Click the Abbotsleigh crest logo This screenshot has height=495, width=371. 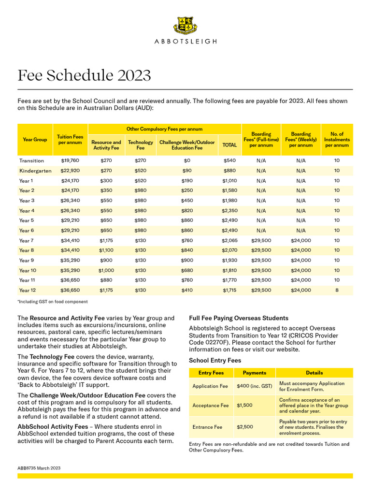coord(185,25)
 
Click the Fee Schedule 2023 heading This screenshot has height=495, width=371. coord(84,75)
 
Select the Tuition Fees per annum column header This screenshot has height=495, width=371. coord(70,140)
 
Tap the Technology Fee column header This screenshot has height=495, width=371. coord(140,145)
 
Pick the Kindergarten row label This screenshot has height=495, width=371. coord(36,171)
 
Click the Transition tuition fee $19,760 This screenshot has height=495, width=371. coord(70,160)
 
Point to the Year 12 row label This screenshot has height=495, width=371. coord(27,291)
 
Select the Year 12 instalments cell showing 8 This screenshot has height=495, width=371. coord(337,291)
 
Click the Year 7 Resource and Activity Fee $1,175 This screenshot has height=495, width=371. coord(106,240)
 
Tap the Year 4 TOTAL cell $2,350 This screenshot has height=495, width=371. coord(229,211)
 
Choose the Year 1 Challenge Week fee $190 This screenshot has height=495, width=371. coord(187,181)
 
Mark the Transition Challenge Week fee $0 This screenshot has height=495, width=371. coord(187,160)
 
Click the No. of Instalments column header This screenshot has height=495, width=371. coord(337,140)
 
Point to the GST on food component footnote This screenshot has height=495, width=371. coord(53,302)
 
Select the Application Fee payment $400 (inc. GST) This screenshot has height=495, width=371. coord(254,386)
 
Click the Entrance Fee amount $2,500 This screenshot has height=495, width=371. coord(245,427)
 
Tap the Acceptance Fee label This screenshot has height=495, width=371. coord(211,406)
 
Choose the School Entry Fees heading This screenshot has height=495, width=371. coord(215,361)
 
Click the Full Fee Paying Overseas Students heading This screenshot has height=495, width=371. coord(239,318)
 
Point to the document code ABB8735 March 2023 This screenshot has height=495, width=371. coord(39,468)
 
